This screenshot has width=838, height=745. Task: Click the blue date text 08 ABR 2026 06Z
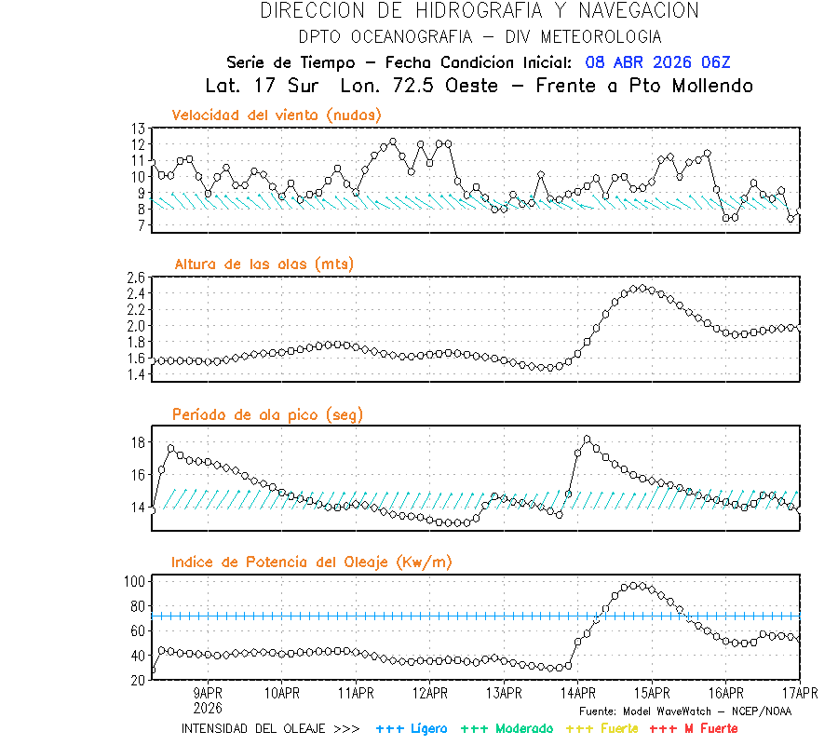(658, 62)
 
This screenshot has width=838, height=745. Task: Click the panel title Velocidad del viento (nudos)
(277, 115)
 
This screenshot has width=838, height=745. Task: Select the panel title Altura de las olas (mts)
(264, 264)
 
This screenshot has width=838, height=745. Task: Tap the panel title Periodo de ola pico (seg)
(267, 414)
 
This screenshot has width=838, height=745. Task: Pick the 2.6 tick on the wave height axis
(136, 278)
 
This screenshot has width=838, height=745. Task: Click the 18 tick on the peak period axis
(139, 442)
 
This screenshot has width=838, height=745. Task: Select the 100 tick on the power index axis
(135, 581)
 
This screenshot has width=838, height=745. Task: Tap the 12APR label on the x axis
(429, 693)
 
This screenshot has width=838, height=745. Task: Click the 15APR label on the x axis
(652, 693)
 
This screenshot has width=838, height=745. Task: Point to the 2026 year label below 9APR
(208, 706)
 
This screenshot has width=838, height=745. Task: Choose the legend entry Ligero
(411, 728)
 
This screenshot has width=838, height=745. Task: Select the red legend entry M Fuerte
(693, 728)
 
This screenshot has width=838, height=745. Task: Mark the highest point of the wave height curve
(642, 289)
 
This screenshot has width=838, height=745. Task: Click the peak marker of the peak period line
(587, 439)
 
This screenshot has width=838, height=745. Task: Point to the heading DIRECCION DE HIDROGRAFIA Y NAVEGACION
(480, 11)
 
